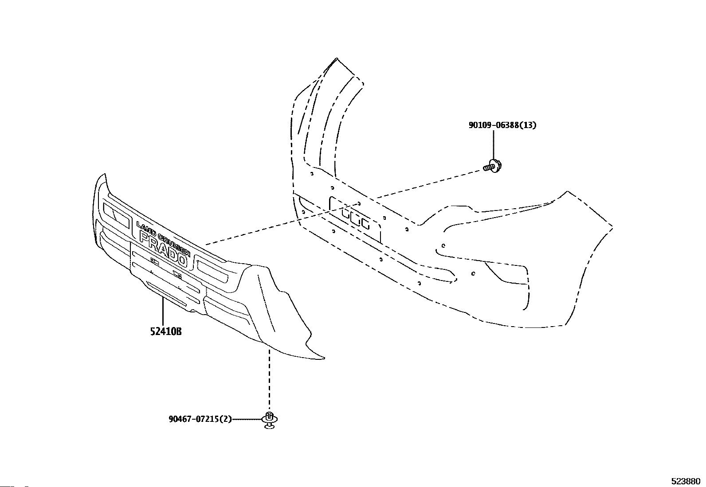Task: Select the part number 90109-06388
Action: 493,125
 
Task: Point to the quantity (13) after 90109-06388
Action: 528,125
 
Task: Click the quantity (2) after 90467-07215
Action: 226,419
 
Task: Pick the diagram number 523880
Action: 685,481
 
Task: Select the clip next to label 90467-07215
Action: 269,419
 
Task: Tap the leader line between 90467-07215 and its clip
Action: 247,419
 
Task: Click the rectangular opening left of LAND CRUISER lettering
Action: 116,215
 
